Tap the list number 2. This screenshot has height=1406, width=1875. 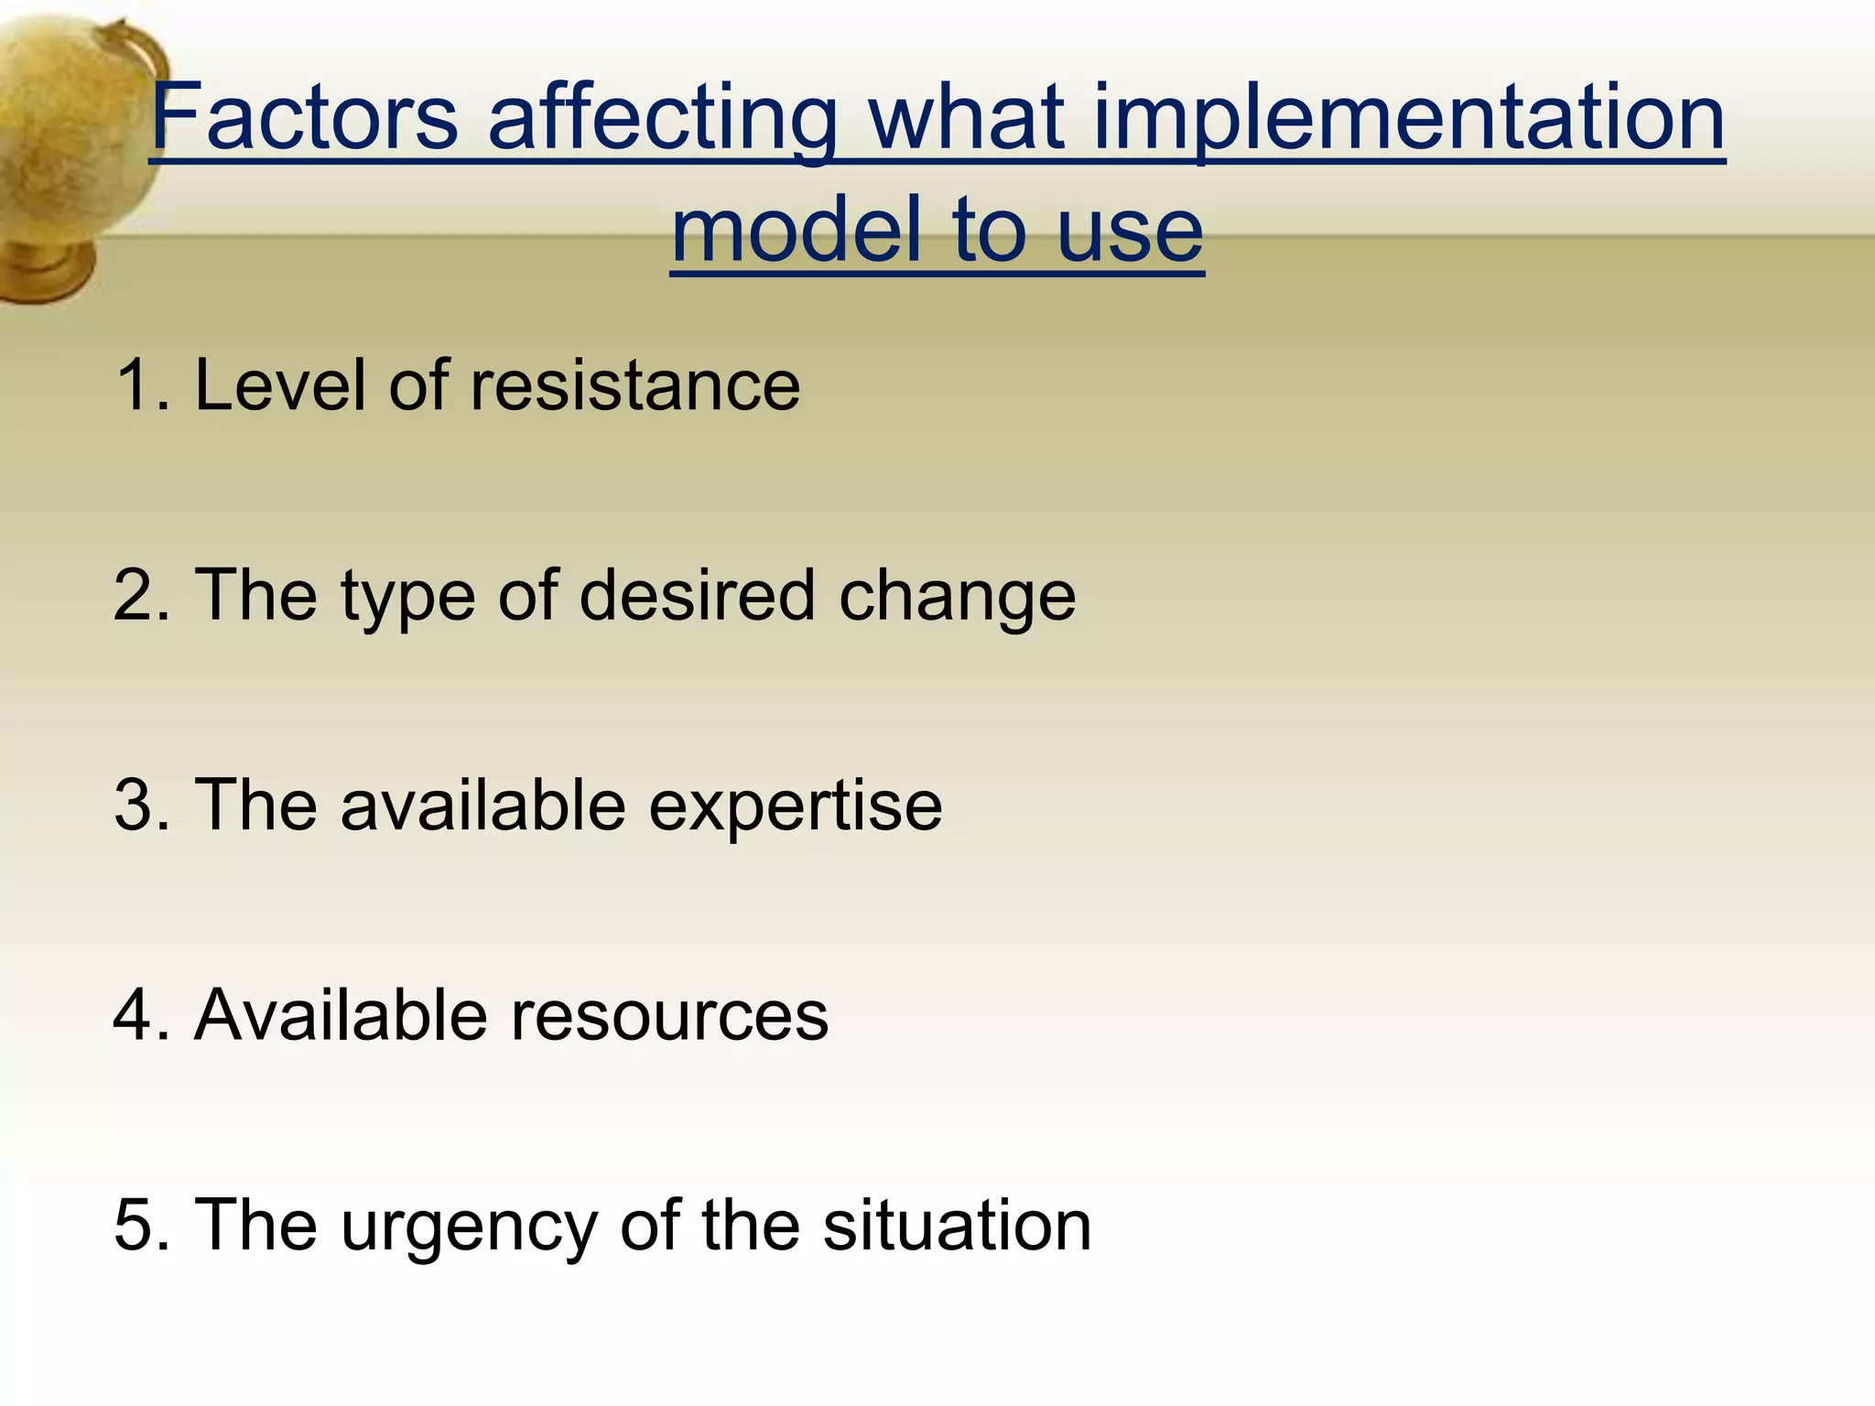[137, 596]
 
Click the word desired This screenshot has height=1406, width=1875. [697, 596]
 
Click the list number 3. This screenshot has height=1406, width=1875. [137, 806]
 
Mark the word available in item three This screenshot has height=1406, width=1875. [483, 806]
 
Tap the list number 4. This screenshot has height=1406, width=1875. [137, 1015]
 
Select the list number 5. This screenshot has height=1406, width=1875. [137, 1226]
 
